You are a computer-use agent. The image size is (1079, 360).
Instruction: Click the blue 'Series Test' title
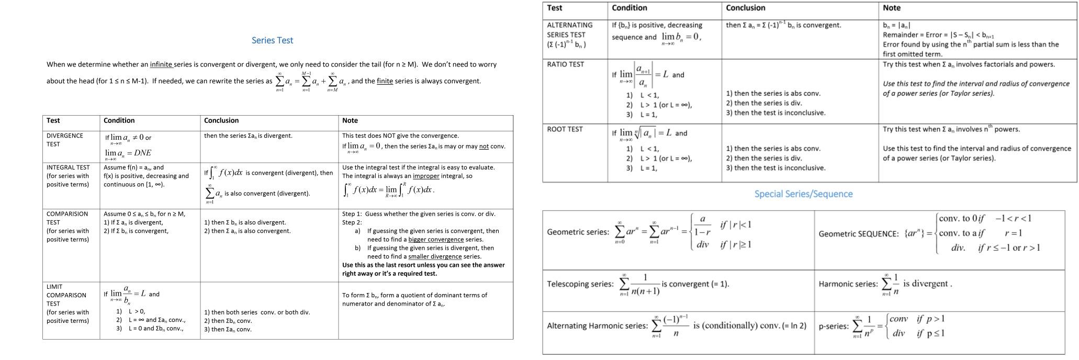tap(272, 40)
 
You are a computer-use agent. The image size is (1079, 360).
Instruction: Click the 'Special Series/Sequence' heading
tap(803, 194)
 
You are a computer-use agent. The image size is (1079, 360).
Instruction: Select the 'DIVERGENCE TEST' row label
tap(65, 140)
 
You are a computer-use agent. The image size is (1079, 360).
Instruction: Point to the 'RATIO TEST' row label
tap(565, 64)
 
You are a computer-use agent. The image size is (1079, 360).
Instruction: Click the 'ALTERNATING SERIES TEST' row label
tap(569, 35)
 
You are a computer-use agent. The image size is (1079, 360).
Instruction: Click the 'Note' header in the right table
tap(892, 8)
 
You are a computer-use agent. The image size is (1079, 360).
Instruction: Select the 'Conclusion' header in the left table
tap(221, 120)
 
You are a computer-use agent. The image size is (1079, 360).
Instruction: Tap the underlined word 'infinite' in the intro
tap(161, 64)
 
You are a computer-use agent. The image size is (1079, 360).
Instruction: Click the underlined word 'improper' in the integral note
tap(426, 176)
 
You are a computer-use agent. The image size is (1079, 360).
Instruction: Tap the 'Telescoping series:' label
tap(580, 284)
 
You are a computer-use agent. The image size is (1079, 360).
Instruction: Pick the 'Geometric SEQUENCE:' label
tap(859, 234)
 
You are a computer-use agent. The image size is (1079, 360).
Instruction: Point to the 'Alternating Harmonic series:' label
tap(597, 325)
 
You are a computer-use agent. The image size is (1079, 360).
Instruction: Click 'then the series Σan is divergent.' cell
tap(248, 136)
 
